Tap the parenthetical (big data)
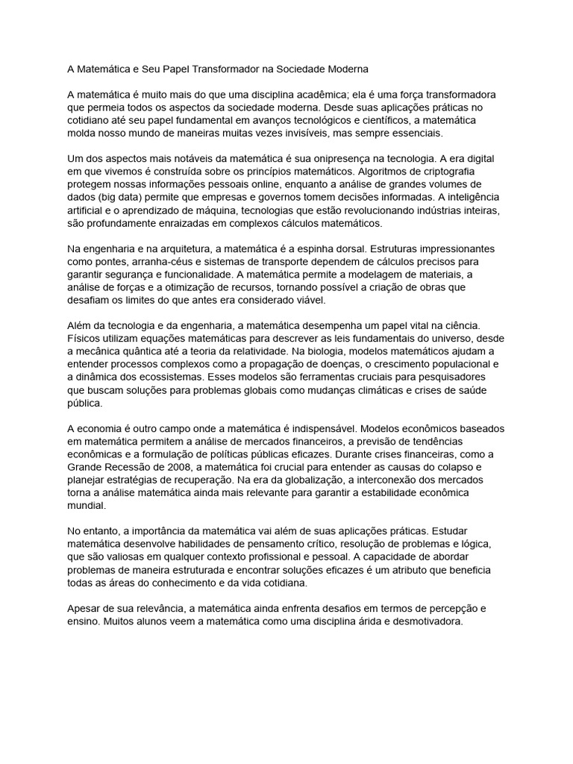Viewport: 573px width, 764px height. (x=119, y=196)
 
